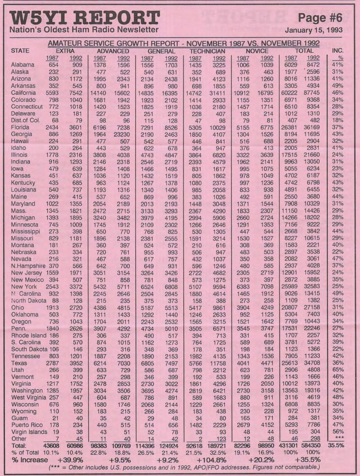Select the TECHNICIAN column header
pos(207,51)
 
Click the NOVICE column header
pos(257,51)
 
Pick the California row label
pos(23,93)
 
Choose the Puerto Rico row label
pos(27,425)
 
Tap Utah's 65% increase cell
pos(337,370)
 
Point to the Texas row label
pos(19,363)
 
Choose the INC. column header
pos(337,51)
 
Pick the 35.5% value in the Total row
pos(337,446)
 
